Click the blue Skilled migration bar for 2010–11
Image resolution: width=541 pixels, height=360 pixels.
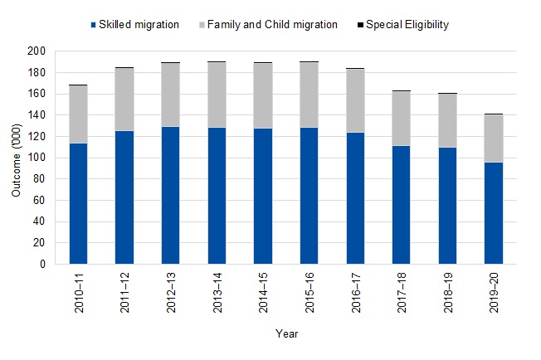click(79, 204)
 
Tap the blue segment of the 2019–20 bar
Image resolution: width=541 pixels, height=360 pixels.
click(494, 213)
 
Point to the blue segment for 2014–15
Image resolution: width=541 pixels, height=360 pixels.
click(263, 197)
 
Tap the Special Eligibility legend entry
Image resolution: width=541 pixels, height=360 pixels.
click(403, 25)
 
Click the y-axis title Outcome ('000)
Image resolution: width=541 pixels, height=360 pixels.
click(17, 158)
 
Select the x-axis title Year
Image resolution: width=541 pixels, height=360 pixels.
click(286, 333)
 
